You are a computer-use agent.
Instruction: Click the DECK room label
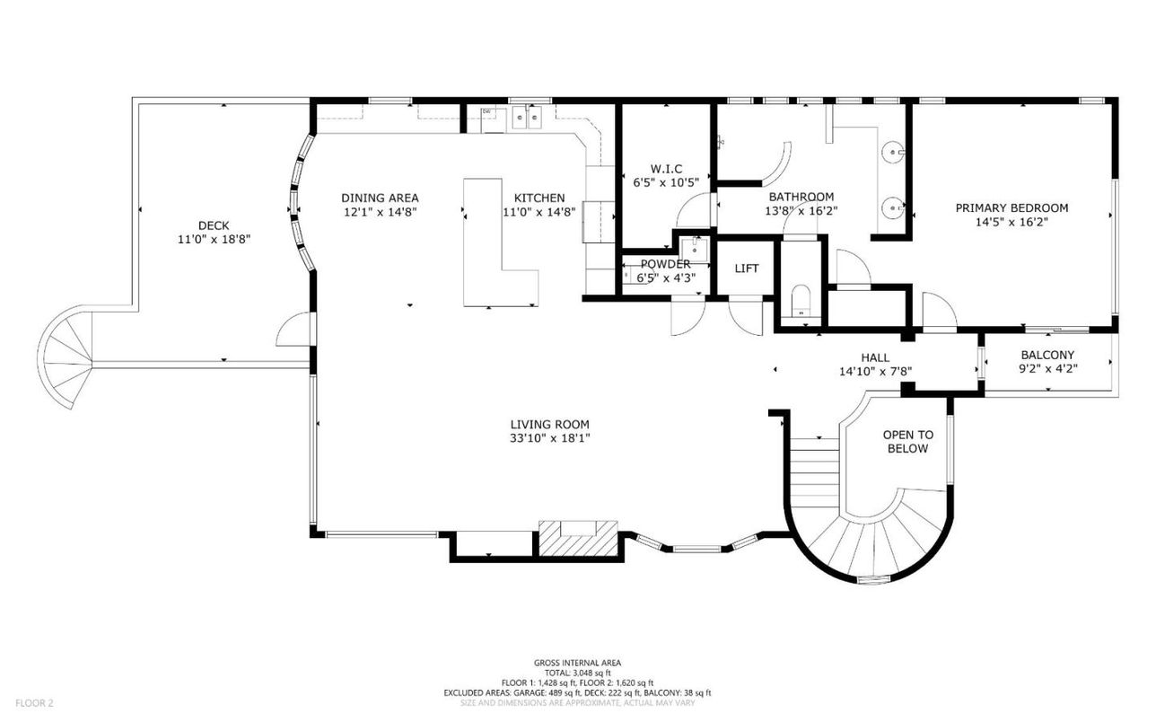pos(214,225)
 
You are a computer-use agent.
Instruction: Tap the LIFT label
pos(747,269)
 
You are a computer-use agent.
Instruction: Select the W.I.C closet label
pos(666,169)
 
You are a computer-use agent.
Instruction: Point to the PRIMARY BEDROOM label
pos(1011,208)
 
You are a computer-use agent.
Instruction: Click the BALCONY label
pos(1047,356)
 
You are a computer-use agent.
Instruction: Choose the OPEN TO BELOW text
pos(907,442)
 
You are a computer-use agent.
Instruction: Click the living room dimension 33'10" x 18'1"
pos(550,438)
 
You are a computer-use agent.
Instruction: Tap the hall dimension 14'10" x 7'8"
pos(875,372)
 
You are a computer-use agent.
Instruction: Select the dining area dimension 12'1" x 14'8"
pos(381,212)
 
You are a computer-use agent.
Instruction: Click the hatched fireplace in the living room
pos(578,538)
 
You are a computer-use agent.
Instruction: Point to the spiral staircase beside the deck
pos(66,357)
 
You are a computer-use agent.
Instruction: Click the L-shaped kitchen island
pos(498,242)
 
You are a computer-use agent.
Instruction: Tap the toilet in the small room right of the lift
pos(801,300)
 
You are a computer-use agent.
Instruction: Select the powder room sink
pos(694,250)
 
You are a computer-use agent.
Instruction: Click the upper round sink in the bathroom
pos(893,153)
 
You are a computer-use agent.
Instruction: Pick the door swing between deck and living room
pos(293,329)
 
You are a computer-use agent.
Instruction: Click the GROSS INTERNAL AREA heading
pos(577,663)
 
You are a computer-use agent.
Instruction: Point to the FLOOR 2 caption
pos(34,703)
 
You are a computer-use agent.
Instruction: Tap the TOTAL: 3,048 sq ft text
pos(577,673)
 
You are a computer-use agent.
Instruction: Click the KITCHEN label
pos(539,198)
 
